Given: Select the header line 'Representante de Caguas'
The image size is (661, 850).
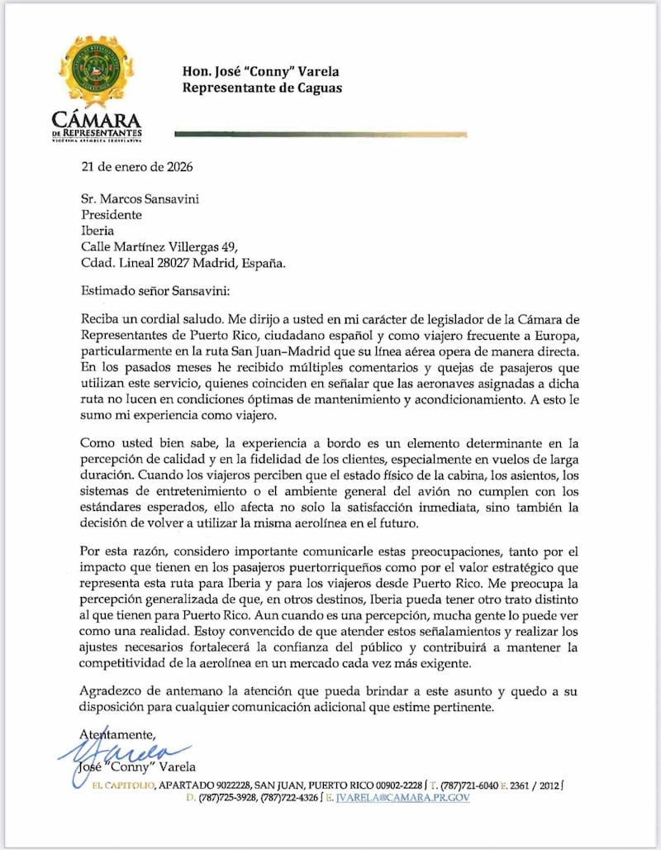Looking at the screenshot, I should (262, 88).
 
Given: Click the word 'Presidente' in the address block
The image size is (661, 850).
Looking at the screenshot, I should (111, 214).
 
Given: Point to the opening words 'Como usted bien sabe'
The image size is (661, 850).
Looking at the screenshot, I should (140, 445).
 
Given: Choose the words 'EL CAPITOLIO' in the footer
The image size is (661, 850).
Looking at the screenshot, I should (123, 784).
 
